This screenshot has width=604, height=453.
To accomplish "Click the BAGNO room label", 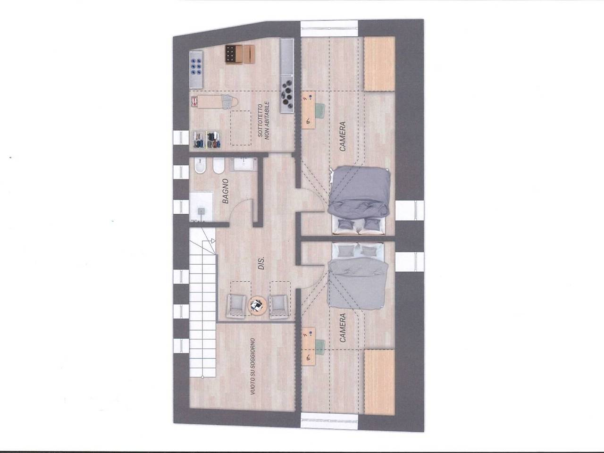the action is coord(226,191).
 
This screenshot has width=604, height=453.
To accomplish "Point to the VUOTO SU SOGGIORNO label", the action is coord(252,367).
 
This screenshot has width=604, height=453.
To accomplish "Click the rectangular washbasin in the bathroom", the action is coord(244,164).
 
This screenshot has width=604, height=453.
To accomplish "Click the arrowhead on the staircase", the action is coord(213,241).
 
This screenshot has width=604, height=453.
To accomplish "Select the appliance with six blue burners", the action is coord(196,68).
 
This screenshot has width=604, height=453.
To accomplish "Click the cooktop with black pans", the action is coord(287,94).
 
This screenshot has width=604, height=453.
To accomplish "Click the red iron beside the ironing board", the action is coord(194,101).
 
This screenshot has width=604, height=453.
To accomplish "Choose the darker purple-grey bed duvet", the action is coord(359,192).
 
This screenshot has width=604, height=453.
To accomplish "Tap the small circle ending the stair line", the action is coord(202,377).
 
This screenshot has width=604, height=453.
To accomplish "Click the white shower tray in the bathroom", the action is coord(201,207).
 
